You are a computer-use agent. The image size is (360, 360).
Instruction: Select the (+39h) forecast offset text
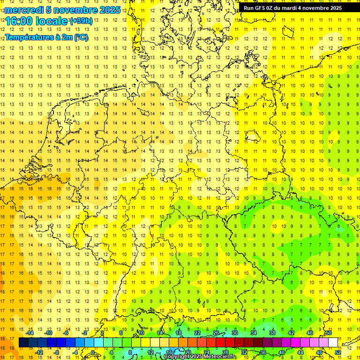[x=81, y=21]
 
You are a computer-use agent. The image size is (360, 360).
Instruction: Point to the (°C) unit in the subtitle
[x=81, y=37]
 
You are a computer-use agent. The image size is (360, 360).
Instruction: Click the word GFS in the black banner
[x=260, y=8]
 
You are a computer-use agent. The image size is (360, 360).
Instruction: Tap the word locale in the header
[x=52, y=21]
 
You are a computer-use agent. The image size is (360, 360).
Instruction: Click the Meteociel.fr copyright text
[x=207, y=357]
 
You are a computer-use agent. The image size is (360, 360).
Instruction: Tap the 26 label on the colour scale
[x=216, y=333]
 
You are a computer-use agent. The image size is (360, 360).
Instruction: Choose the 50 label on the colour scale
[x=329, y=333]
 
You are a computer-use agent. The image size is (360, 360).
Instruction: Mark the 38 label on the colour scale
[x=272, y=333]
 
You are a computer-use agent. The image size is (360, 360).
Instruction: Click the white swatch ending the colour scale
[x=333, y=343]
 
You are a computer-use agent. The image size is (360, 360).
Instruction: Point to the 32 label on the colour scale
[x=244, y=352]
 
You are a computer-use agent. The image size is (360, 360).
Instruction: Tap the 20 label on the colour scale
[x=188, y=352]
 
